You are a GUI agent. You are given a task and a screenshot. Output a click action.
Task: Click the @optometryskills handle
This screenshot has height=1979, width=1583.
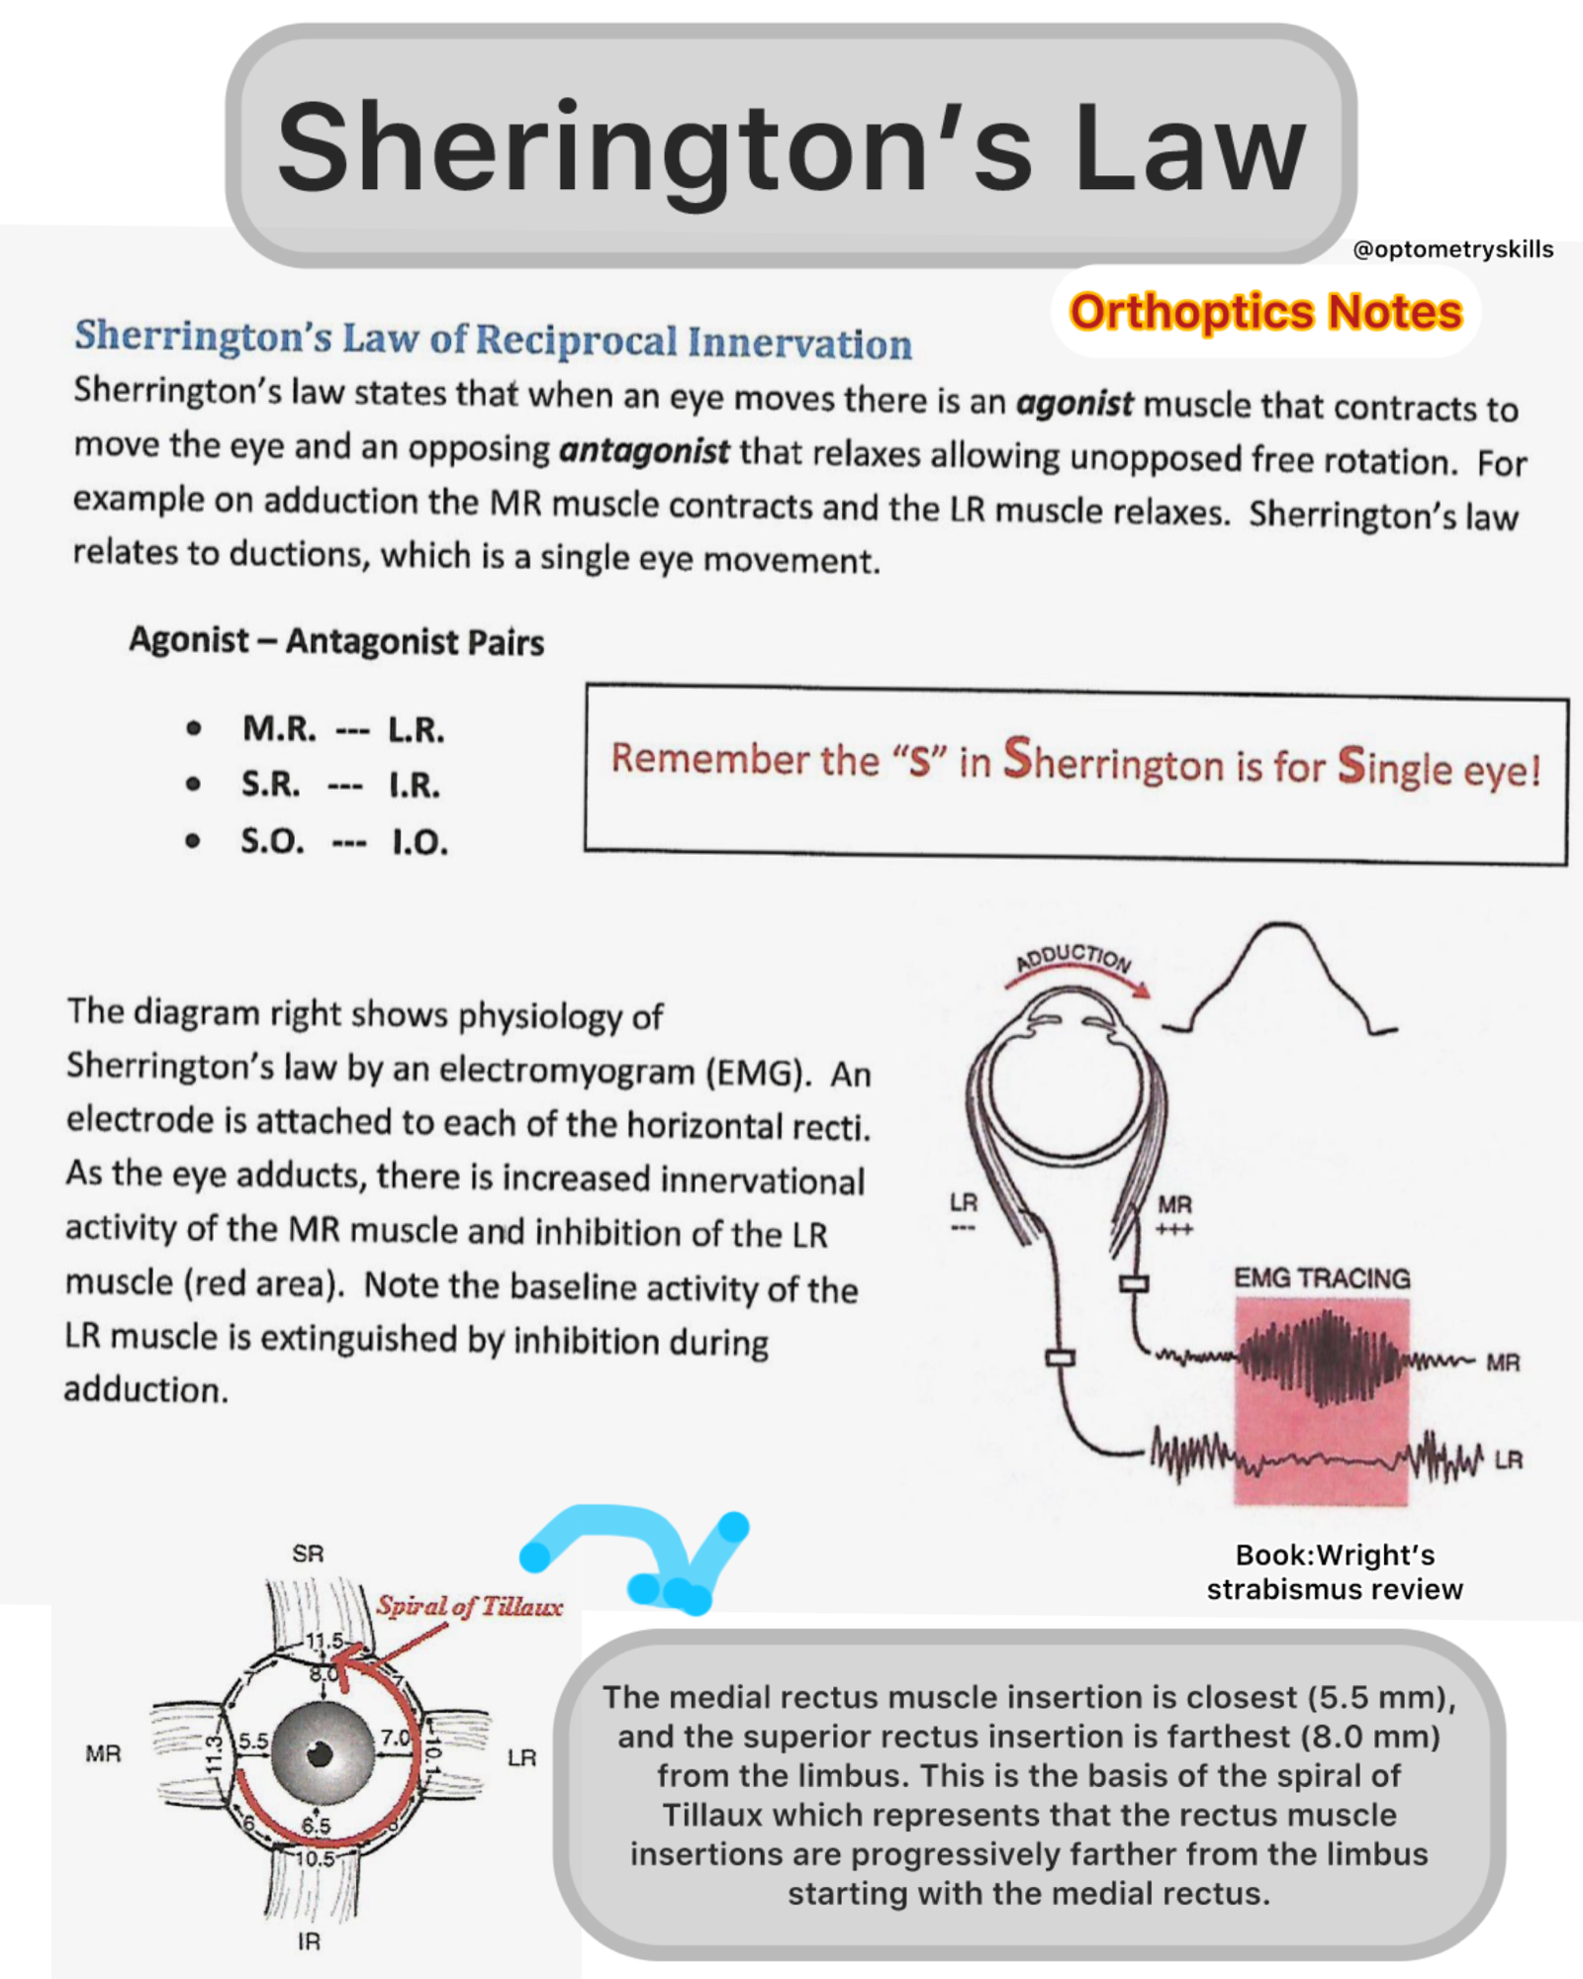click(x=1452, y=249)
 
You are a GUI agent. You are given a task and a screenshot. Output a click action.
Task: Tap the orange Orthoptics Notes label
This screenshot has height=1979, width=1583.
click(x=1265, y=312)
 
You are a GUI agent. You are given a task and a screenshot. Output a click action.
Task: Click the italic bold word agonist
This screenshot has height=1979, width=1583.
click(x=1074, y=403)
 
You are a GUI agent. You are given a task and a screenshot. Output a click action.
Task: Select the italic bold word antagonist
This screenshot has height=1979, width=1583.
click(x=644, y=451)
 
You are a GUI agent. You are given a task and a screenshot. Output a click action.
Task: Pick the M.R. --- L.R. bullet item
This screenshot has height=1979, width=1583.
click(x=342, y=729)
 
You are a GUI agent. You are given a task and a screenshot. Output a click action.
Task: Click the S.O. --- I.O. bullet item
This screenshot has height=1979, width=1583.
click(x=343, y=842)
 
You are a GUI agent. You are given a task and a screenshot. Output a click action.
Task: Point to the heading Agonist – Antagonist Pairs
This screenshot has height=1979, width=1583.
click(x=336, y=641)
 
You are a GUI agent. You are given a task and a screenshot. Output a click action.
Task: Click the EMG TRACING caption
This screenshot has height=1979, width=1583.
click(x=1322, y=1277)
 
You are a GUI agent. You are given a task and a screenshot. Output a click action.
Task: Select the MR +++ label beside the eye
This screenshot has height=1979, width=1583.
click(x=1174, y=1213)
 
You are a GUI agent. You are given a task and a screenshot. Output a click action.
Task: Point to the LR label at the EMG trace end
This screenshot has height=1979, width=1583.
click(x=1508, y=1460)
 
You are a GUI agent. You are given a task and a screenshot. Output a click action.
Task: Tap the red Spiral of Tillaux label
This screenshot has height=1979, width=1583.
click(x=469, y=1605)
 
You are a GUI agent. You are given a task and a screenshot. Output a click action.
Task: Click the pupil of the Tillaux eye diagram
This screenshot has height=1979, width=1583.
click(x=320, y=1754)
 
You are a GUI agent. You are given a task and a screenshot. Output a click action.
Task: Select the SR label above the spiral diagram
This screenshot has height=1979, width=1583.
click(x=308, y=1554)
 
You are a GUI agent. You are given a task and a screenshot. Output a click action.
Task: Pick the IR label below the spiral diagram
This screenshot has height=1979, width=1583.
click(x=309, y=1942)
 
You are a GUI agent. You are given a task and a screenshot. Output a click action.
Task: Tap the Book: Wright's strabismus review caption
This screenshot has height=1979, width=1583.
click(x=1335, y=1572)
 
